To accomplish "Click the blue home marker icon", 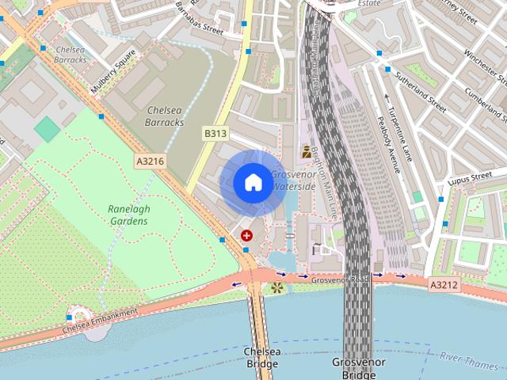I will point(252,183).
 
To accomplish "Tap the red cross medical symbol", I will point(246,235).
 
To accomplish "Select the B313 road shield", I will point(215,134).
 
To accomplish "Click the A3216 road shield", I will point(150,161).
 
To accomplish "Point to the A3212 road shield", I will point(444,283).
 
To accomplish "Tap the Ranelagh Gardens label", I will point(128,215).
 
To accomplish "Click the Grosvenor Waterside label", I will point(293,180).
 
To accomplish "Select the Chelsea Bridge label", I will point(261,357).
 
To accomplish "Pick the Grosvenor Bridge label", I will point(359,367).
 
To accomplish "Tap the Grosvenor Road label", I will point(340,279).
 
